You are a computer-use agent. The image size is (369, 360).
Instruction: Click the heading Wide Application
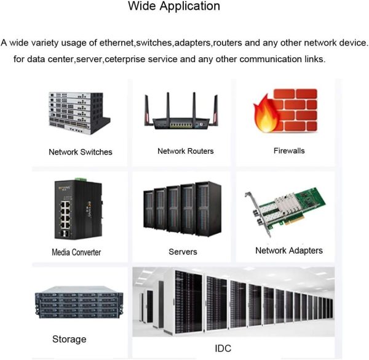tap(173, 7)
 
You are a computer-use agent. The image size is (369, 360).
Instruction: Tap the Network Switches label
tap(81, 152)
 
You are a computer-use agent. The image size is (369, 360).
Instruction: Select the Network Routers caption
tap(186, 151)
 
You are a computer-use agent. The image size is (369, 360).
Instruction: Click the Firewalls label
tap(289, 150)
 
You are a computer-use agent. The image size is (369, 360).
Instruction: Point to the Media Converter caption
tap(76, 252)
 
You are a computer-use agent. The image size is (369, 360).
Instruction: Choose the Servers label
tap(183, 252)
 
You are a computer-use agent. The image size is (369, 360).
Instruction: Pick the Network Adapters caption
tap(289, 250)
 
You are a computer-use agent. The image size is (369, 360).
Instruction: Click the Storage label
tap(69, 339)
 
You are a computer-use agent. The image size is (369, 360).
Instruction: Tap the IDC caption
tap(223, 348)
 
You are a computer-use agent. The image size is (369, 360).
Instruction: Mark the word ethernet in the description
tap(116, 43)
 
